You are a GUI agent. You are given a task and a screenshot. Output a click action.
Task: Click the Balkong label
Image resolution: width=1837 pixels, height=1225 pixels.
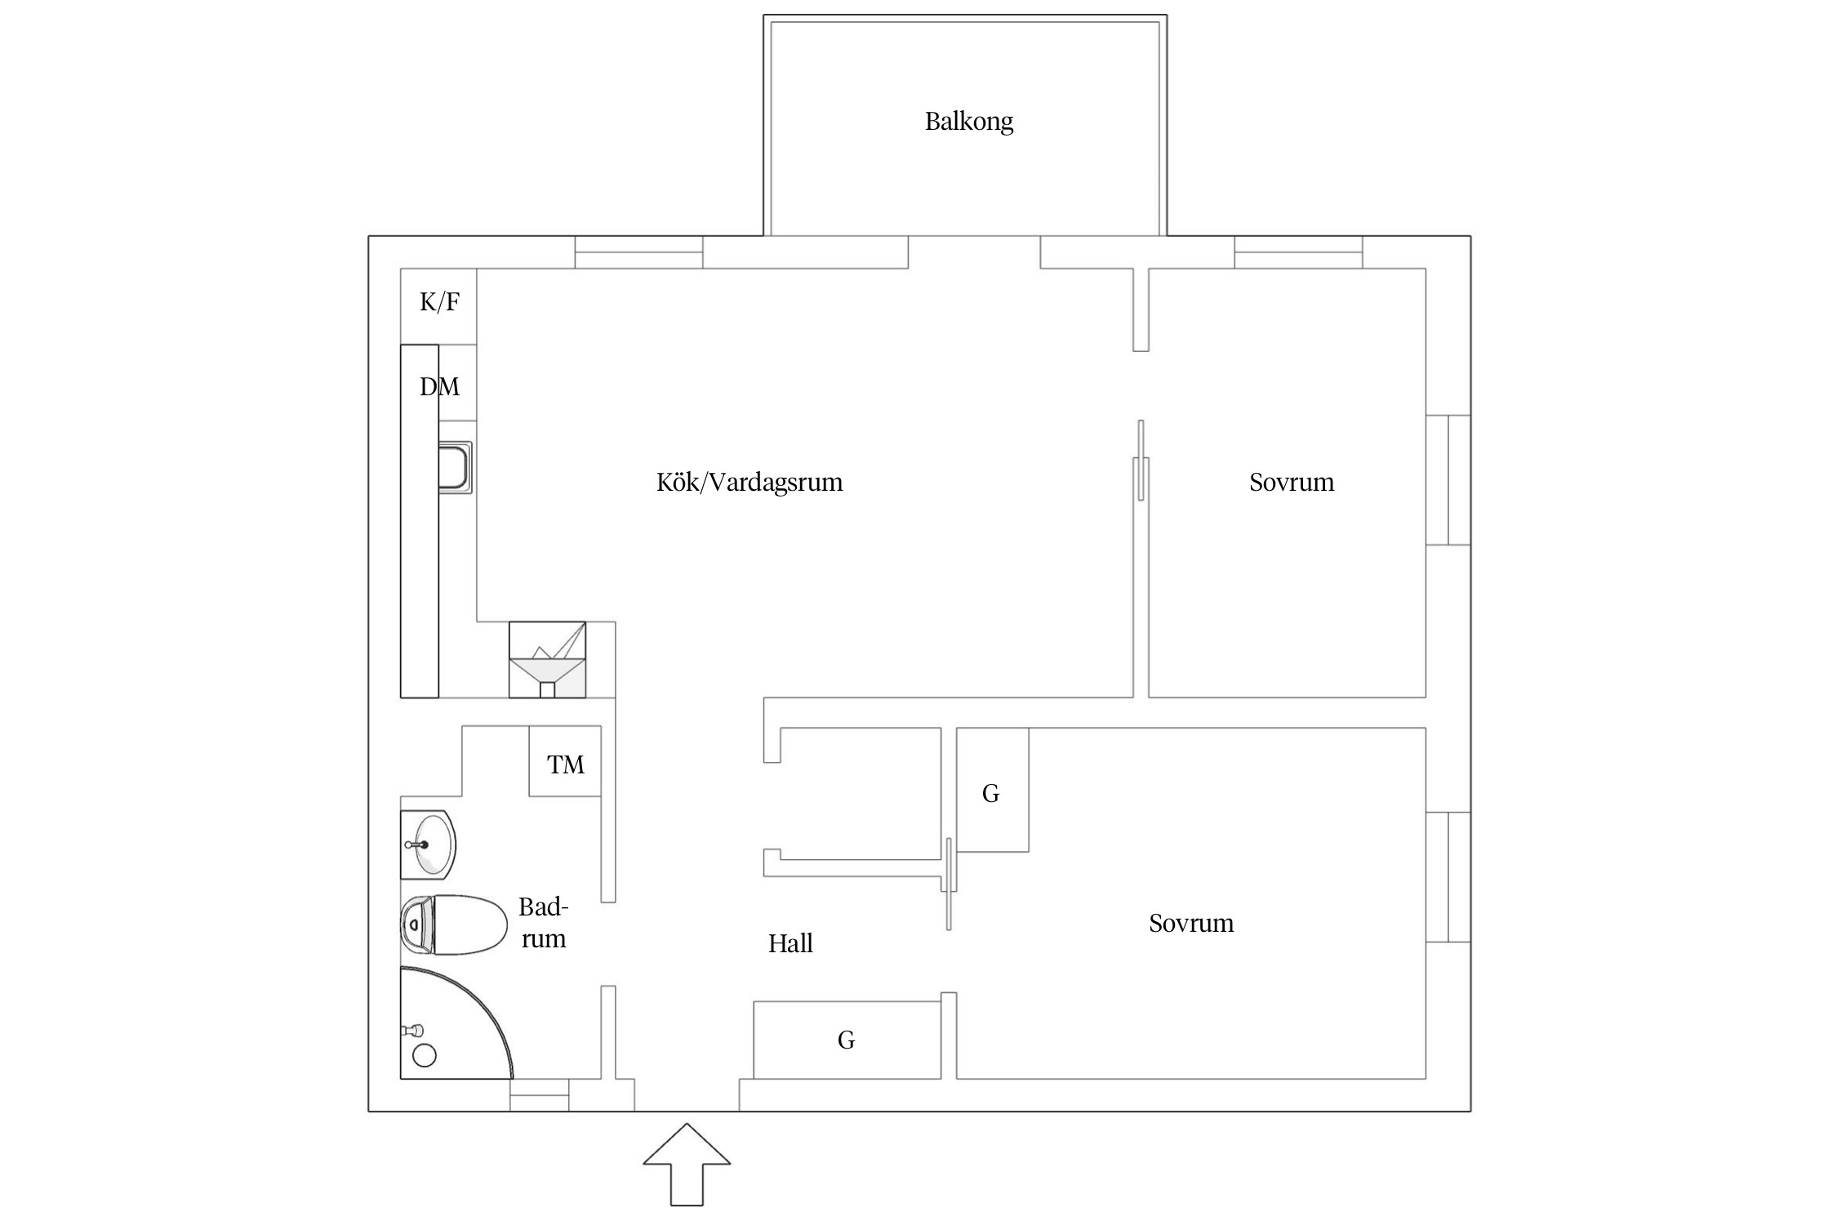pos(968,122)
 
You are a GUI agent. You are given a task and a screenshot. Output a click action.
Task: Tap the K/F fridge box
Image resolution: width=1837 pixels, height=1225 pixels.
pos(438,304)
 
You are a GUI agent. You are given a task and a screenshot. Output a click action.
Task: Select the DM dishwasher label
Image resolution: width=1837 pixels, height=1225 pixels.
pos(439,386)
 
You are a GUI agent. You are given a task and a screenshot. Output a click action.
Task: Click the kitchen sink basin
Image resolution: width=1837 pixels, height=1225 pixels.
pos(455,467)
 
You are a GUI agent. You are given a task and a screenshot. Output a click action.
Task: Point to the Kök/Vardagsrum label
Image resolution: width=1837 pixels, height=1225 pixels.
pos(749,482)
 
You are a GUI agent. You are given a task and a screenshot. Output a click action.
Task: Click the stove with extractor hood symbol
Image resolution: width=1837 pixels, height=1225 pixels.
pos(547,660)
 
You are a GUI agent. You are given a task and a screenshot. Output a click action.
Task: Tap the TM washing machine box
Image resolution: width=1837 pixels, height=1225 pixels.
pos(565,763)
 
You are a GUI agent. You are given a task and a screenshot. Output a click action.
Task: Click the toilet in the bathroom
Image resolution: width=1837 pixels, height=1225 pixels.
pos(457,924)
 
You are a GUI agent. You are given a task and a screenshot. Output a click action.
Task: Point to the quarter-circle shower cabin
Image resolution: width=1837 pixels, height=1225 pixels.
pos(449,1025)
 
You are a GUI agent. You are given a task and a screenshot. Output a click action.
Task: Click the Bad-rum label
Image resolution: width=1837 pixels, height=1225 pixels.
pos(543,923)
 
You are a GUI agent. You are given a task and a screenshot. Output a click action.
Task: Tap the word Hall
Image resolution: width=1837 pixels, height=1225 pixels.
pos(790,944)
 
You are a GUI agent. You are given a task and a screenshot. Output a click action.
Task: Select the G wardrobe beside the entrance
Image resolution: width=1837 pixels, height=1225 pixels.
pos(847,1040)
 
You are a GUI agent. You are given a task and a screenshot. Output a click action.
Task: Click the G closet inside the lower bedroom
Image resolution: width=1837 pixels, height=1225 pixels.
pos(991,791)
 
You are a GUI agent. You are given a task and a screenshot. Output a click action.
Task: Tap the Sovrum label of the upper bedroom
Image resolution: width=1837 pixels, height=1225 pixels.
pos(1291,482)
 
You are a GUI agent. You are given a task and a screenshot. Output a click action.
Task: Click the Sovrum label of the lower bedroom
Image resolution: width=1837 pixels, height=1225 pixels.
pos(1190,923)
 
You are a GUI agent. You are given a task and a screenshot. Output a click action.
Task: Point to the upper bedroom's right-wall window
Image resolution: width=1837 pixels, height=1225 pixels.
pos(1448,479)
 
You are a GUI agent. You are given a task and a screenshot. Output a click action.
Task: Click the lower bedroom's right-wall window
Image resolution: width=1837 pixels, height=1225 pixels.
pos(1448,877)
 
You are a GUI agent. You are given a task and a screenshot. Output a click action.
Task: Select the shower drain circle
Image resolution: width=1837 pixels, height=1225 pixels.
pos(425,1055)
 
